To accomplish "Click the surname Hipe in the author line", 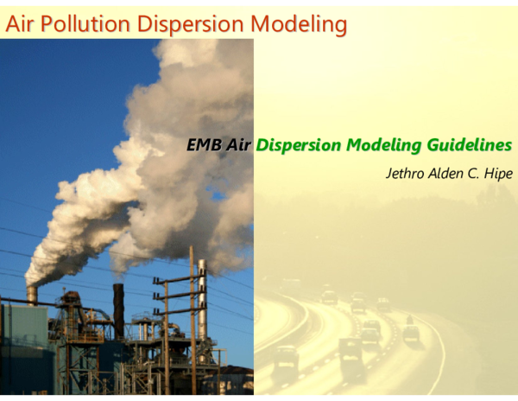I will point(498,174).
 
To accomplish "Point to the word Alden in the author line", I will point(446,174).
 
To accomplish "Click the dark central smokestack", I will point(118,311).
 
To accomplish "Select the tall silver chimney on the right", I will point(202,298).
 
